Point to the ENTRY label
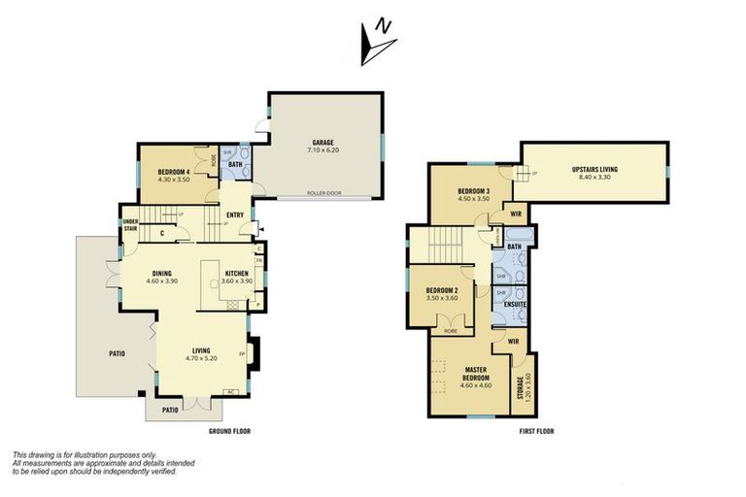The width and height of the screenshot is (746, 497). click(235, 215)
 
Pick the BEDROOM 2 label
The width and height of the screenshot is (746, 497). click(442, 293)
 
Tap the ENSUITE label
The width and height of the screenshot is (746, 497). click(515, 304)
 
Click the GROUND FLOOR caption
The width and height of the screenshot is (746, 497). click(231, 430)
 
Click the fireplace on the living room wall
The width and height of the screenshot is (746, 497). click(254, 353)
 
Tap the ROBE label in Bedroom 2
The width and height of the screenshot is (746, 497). click(449, 331)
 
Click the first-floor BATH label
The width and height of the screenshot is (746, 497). click(515, 247)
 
